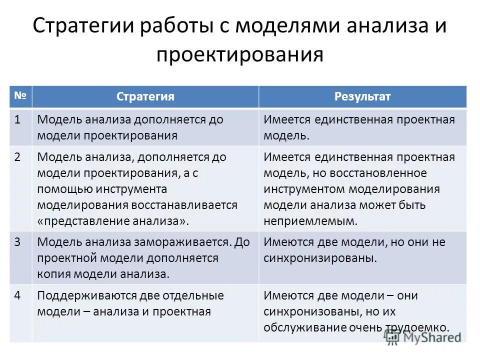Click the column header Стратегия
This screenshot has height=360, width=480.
tap(145, 96)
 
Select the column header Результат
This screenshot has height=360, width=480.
tap(362, 96)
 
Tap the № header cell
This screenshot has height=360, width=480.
tap(20, 95)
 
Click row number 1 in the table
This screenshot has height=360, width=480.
tap(17, 120)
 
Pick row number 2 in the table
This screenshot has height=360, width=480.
tap(17, 157)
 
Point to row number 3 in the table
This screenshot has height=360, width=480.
tap(17, 242)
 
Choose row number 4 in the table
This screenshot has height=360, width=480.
tap(17, 295)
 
